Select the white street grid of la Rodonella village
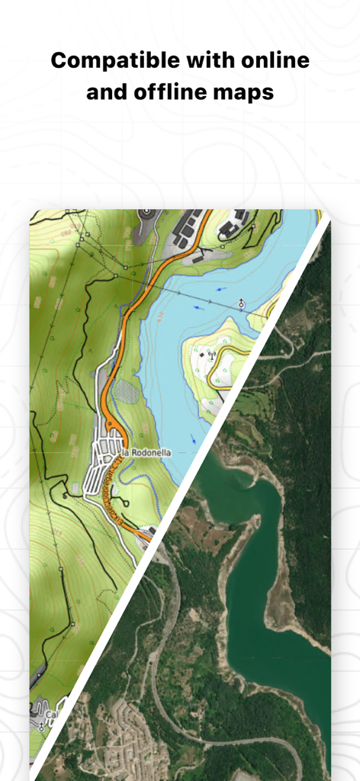point(103,465)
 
